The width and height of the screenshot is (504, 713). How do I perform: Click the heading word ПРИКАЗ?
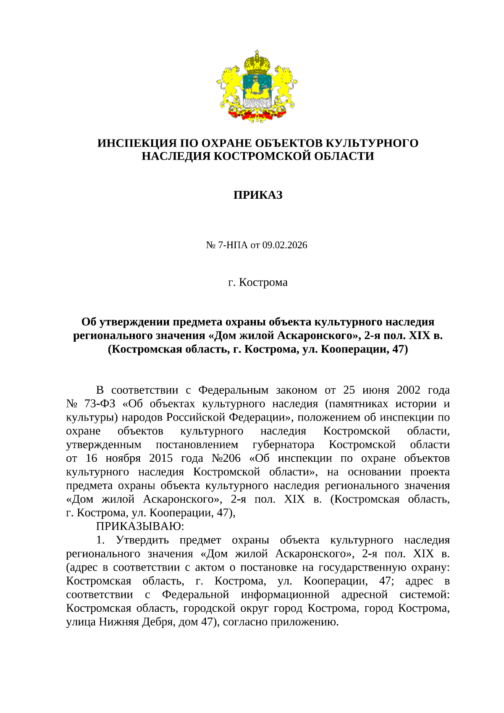257,195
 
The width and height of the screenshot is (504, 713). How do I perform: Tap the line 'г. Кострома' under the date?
257,282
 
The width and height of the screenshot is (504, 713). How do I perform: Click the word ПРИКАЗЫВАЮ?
140,526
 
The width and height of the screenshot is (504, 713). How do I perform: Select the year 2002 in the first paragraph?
408,390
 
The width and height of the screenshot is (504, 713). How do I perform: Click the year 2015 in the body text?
161,458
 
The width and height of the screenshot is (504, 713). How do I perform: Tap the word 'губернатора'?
283,445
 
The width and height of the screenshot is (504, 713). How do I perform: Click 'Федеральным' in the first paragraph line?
233,390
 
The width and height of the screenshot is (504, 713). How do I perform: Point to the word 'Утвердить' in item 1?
142,540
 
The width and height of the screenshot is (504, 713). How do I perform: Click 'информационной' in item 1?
285,595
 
